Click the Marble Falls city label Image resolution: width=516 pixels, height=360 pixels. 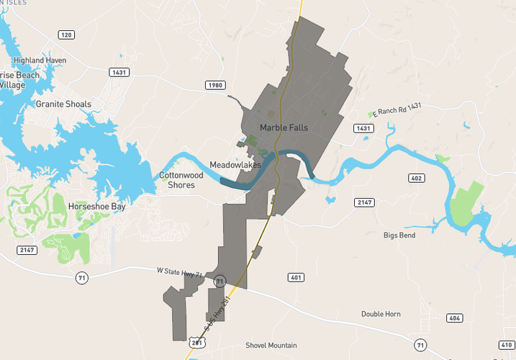(284, 127)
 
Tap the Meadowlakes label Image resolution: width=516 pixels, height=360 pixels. (235, 165)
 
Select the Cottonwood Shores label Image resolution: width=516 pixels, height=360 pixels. (181, 180)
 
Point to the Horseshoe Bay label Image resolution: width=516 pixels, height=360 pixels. (96, 207)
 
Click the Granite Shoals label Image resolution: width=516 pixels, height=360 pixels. (63, 104)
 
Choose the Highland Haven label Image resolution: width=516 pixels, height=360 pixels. (40, 60)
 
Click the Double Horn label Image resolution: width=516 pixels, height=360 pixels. (381, 314)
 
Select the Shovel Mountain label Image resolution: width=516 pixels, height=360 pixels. (271, 346)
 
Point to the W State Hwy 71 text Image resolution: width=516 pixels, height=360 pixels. (181, 271)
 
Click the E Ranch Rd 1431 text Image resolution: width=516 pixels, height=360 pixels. (394, 109)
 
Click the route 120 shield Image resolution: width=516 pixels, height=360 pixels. (66, 35)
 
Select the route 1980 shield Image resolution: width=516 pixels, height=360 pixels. (214, 85)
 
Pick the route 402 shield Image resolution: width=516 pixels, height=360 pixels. (416, 178)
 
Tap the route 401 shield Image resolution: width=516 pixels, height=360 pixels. (296, 277)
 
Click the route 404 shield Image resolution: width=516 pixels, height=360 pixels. (455, 318)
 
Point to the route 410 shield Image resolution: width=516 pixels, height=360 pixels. (506, 345)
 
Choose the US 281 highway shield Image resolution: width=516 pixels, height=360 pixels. (198, 343)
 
